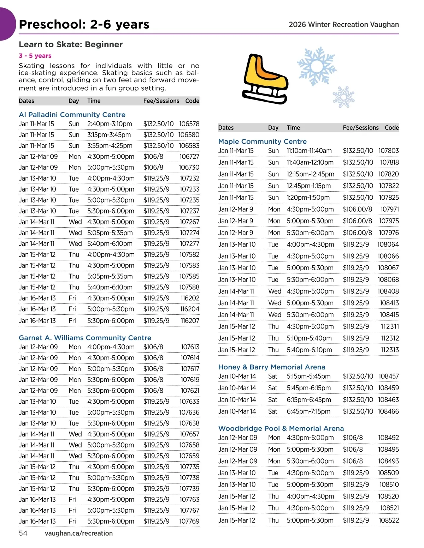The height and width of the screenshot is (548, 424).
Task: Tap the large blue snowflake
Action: coord(316,66)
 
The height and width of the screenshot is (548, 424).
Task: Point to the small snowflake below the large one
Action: coord(343,97)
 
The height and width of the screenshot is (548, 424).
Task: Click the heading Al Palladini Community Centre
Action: coord(72,115)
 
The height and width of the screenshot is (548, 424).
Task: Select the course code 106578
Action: coord(189,124)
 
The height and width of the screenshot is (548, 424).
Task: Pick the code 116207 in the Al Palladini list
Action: coord(190,321)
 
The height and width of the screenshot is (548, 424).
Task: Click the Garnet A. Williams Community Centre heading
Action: coord(85,338)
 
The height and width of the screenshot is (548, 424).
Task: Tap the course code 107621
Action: coord(190,391)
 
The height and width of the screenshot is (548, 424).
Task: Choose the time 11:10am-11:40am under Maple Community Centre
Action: coord(309,151)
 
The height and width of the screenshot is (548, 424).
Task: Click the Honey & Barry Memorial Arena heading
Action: coord(272,367)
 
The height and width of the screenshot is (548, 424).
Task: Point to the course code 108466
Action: coord(388,411)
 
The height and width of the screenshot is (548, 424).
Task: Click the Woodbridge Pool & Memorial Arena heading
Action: coord(281,428)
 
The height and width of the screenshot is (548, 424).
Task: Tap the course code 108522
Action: coord(389,520)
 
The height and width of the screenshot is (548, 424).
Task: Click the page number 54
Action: coord(23,533)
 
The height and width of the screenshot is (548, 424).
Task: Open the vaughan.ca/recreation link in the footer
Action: coord(79,533)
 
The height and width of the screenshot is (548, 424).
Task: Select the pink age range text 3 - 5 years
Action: coord(35,56)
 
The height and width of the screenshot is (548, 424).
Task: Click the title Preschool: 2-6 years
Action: coord(84,24)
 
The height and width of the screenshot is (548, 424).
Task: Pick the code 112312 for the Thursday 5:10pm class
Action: coord(389,338)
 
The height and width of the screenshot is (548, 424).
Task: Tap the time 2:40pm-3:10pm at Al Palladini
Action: coord(110,124)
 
